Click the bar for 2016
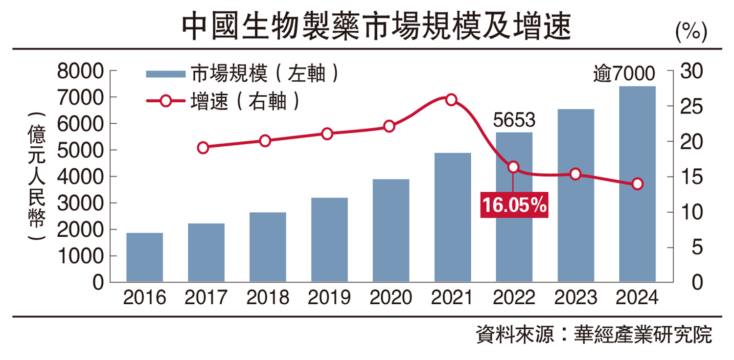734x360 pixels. [x=144, y=257]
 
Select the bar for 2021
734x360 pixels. [x=453, y=217]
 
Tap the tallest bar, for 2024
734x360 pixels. [x=637, y=184]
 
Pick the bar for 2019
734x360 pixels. [x=329, y=240]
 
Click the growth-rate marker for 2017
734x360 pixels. [x=204, y=148]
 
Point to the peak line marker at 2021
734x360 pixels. [x=451, y=100]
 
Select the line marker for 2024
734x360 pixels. [x=637, y=184]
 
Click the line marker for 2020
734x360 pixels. [x=389, y=126]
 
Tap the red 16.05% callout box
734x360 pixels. [x=514, y=205]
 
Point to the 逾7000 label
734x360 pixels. [x=630, y=75]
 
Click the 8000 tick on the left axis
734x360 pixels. [x=80, y=71]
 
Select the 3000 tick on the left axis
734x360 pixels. [x=80, y=203]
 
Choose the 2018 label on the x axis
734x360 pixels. [x=268, y=297]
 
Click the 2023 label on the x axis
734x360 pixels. [x=575, y=297]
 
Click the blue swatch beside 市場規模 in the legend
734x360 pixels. [x=165, y=74]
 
